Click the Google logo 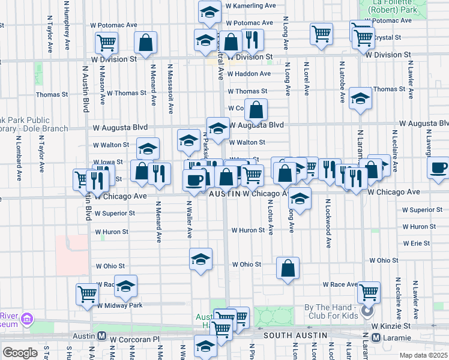(20, 353)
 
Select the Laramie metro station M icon (376, 337)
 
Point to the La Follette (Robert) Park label (394, 7)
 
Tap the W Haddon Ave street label (249, 74)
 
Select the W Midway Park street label (119, 305)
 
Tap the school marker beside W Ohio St (200, 259)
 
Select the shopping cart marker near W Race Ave (369, 292)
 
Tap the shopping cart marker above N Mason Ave (106, 42)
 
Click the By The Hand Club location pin (367, 311)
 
